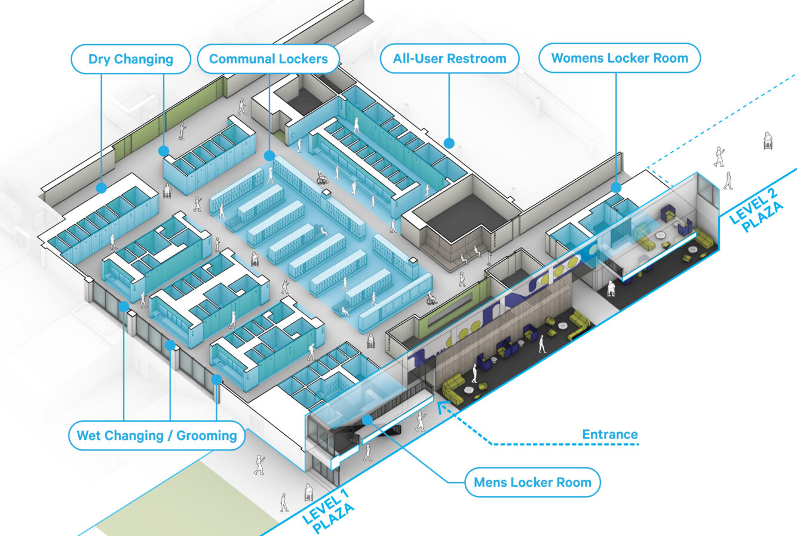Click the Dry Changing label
tap(131, 59)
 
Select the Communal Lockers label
tap(268, 59)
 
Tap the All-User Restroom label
tap(449, 59)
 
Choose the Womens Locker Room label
tap(620, 58)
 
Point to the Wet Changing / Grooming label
tap(157, 435)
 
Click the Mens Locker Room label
tap(533, 482)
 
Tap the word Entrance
tap(610, 434)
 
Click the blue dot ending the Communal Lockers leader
tap(269, 155)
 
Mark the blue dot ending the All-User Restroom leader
tap(449, 143)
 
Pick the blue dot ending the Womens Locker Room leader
tap(616, 188)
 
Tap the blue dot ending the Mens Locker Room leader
tap(367, 420)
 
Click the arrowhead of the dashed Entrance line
tap(442, 406)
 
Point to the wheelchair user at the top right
tap(768, 140)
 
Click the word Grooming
tap(206, 436)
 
